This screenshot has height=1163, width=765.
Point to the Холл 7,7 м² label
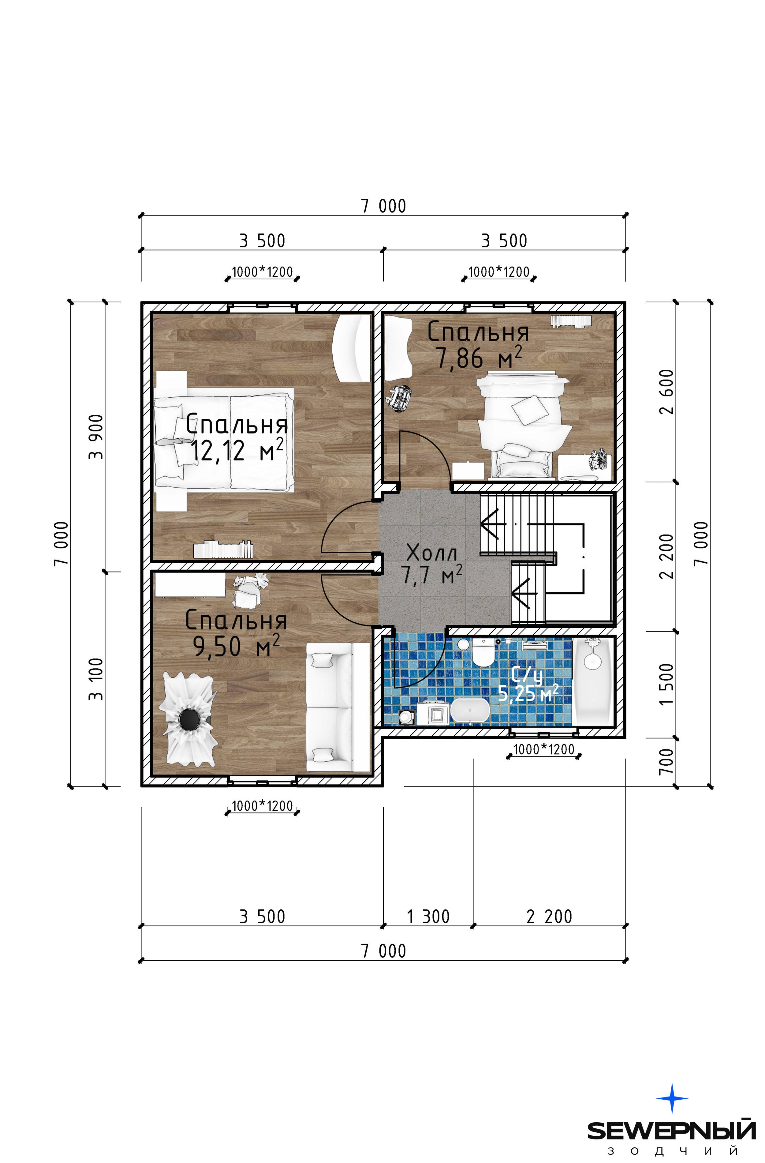(x=432, y=565)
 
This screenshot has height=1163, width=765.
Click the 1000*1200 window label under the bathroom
(x=544, y=749)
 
